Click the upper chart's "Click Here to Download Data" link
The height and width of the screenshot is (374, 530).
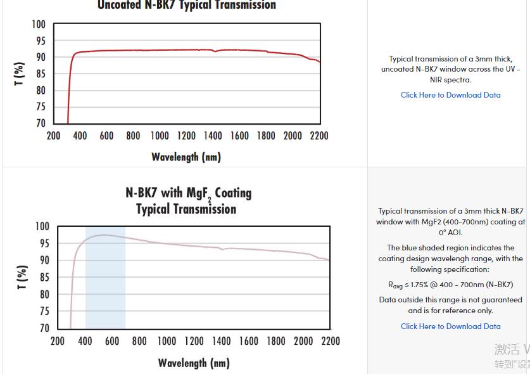coord(450,95)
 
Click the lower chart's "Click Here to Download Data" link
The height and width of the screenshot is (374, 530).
coord(450,326)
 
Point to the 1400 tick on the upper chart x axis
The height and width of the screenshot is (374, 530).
coord(213,136)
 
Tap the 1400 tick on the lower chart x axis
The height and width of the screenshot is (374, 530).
coord(222,341)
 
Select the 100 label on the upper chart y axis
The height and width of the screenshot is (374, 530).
coord(39,25)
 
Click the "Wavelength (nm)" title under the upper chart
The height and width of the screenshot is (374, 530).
coord(186,157)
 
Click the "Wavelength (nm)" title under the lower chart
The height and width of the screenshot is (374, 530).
coord(193,363)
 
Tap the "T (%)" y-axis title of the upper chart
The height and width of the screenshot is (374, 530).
coord(20,74)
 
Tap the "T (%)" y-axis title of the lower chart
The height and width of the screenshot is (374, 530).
coord(22,278)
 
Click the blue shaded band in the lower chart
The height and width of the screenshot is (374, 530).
coord(105,285)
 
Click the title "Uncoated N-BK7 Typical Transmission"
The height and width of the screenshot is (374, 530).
coord(187,6)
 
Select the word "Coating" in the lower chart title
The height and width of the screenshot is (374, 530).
coord(233,193)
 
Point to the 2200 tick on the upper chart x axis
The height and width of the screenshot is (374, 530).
coord(319,136)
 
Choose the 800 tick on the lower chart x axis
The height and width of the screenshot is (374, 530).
coord(139,341)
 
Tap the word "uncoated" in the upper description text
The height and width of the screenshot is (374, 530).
coord(397,69)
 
